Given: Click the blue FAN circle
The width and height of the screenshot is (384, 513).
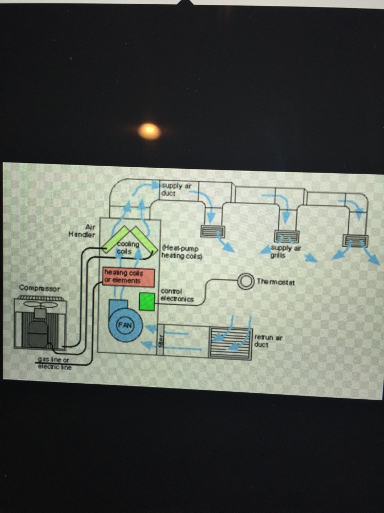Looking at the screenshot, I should coord(123,324).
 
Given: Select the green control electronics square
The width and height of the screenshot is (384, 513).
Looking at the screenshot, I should coord(146,301).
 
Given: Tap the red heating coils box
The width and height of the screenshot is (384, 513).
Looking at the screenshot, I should coord(129,277).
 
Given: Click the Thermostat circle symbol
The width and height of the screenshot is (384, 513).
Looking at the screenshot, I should coord(246,281).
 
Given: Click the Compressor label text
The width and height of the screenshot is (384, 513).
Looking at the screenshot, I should coord(39,288).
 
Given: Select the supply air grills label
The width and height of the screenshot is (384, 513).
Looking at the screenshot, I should coord(281,251).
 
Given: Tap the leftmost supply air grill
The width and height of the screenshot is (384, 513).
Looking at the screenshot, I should coord(213,231).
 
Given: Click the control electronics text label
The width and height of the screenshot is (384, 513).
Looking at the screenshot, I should coord(176,295).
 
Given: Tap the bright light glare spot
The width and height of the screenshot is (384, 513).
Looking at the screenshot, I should coord(149,130).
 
